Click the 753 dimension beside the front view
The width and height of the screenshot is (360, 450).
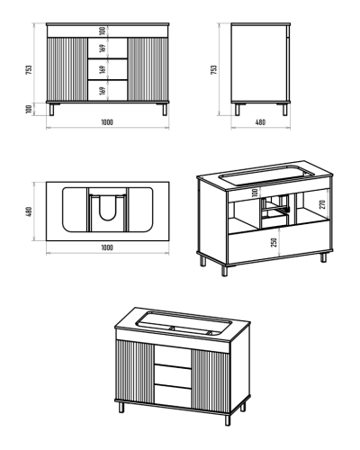coord(29,69)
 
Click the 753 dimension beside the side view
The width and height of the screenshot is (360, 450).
coord(214,69)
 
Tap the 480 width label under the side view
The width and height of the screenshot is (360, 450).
coord(260,122)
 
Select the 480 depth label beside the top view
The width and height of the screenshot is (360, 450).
coord(29,211)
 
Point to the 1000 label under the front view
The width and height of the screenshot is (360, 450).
coord(107,122)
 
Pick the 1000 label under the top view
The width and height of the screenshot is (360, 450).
coord(107,247)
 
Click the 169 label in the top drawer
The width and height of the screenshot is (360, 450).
coord(103,48)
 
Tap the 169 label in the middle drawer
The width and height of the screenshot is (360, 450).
coord(103,69)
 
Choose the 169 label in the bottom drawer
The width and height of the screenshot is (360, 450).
coord(103,91)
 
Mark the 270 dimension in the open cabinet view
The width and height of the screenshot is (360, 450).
coord(322,204)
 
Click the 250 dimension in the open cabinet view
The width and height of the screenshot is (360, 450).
coord(274,242)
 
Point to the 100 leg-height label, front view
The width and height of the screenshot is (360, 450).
coord(29,109)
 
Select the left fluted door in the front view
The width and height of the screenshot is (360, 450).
coord(67,69)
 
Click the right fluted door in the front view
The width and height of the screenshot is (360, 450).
coord(148,69)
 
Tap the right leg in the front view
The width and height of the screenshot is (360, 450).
coord(165,110)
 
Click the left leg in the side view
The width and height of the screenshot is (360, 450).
coord(238,110)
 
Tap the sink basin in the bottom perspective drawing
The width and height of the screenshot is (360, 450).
coord(184,324)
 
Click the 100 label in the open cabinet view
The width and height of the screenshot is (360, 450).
coord(255,193)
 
